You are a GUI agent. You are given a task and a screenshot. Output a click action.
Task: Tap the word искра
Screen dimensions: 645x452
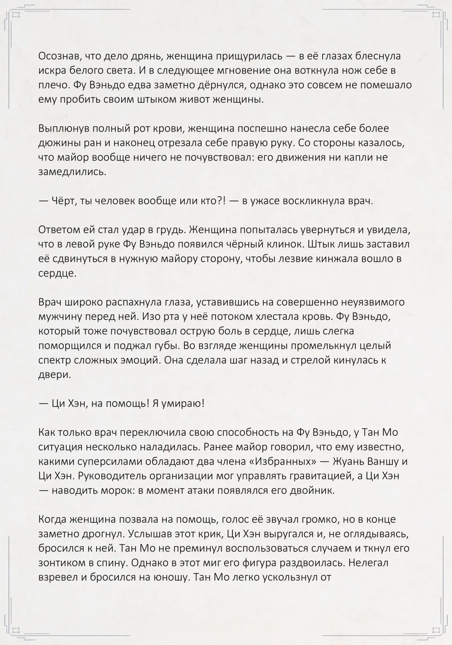(52, 71)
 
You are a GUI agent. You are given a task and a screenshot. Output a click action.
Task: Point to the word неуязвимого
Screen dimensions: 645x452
(365, 302)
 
